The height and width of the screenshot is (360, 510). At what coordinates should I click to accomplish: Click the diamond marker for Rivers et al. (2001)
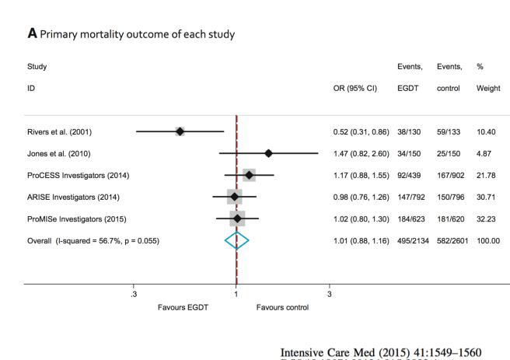point(180,131)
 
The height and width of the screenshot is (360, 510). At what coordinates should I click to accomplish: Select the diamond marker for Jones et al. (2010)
point(269,153)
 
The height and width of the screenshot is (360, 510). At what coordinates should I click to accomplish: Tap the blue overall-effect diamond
point(236,241)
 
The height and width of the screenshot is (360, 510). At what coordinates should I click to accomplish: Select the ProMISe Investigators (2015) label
point(72,218)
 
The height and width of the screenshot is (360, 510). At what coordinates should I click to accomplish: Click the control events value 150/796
point(450,197)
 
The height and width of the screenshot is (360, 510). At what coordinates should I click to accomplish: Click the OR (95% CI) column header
point(355,89)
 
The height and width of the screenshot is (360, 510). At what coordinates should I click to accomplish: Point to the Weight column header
point(488,89)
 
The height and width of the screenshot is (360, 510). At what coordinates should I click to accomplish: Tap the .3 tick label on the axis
point(134,295)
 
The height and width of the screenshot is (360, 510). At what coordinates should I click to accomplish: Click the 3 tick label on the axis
point(329,295)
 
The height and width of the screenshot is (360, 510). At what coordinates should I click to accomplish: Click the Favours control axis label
point(282,307)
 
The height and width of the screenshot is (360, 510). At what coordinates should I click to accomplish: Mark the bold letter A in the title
point(32,33)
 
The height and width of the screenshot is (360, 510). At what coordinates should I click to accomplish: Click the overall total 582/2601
point(450,241)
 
